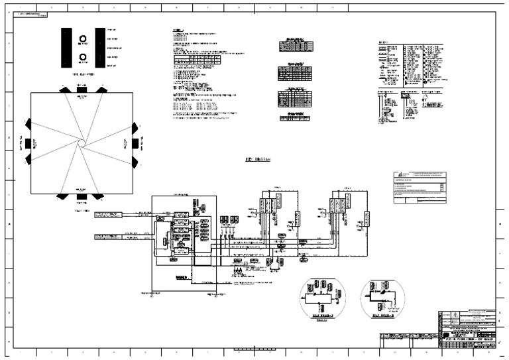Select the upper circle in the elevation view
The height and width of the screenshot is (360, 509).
pos(84,39)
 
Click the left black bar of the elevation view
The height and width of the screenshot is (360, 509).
pos(68,48)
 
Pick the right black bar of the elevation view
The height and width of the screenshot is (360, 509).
pos(100,48)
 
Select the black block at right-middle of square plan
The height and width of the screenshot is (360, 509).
pos(135,142)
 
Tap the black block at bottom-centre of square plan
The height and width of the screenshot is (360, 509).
pos(82,195)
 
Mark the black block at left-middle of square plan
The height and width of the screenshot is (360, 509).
pos(28,142)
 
